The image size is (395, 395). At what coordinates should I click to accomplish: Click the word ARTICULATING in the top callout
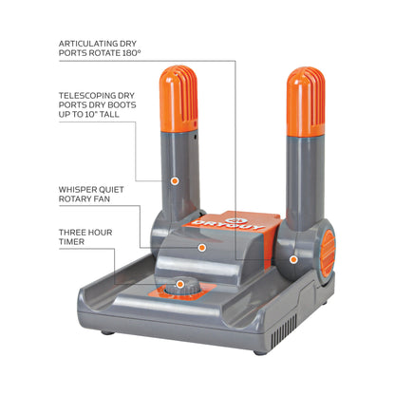84,44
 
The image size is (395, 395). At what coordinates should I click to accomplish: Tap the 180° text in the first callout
131,53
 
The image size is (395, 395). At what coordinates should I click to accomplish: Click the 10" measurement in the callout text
90,114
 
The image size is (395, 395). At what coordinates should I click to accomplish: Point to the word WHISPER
75,190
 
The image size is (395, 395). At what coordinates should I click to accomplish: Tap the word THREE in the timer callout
70,233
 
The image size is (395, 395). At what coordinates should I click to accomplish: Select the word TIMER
71,242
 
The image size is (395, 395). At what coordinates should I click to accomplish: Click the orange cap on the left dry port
179,99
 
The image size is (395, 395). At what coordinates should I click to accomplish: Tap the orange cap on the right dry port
306,102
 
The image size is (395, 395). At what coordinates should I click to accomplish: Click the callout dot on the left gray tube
175,180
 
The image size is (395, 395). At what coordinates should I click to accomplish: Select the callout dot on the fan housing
202,248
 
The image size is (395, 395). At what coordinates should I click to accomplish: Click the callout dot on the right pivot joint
293,259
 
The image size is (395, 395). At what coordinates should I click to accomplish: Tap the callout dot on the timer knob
180,284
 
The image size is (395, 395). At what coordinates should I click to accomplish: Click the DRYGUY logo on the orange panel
227,223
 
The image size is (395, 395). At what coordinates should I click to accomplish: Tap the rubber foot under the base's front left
107,332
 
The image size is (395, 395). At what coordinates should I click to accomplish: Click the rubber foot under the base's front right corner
260,352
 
